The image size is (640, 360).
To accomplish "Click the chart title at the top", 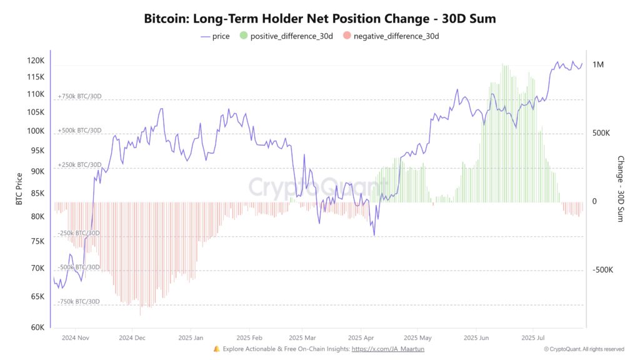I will pos(320,19).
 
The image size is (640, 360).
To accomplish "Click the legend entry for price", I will pos(215,36).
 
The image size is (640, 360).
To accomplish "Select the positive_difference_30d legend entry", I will pos(286,36).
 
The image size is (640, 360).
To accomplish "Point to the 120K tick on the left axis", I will pos(36,61).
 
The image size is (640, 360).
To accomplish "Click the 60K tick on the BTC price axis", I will pos(37,327).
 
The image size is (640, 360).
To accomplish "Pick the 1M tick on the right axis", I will pos(598,65).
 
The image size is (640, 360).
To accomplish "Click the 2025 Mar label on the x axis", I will pos(301,337).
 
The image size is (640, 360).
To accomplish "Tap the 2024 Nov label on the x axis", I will pos(76,337).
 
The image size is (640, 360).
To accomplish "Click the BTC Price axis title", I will pos(19,189).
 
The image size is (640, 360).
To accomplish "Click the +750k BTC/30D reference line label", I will pos(79,96).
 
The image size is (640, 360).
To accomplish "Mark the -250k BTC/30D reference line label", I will pos(79,233).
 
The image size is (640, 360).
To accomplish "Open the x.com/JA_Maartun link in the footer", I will pos(387,349).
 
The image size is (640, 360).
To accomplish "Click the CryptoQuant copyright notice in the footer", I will pos(584,349).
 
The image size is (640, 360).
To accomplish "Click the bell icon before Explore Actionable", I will pos(216,349).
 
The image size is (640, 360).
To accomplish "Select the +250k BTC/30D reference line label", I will pos(79,164).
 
